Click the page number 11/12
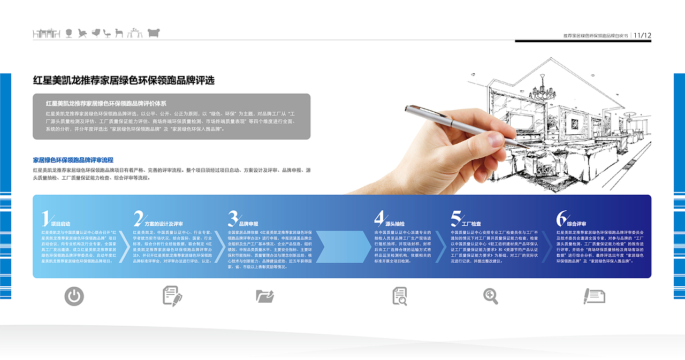[x=642, y=35]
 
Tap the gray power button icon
[x=74, y=296]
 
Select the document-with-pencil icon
[x=172, y=296]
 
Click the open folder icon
[x=265, y=296]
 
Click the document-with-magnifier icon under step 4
[x=400, y=296]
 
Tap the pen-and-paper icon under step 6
[x=594, y=296]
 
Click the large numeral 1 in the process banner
[x=46, y=218]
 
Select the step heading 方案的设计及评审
[x=164, y=224]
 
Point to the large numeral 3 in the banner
[x=233, y=218]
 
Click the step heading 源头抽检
[x=395, y=224]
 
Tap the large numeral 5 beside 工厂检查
[x=456, y=218]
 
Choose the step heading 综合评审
[x=577, y=224]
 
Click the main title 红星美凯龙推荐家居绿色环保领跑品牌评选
[x=124, y=81]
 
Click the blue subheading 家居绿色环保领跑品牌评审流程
[x=73, y=160]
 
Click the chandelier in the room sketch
[x=542, y=85]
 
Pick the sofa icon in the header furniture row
[x=154, y=33]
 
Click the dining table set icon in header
[x=46, y=33]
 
